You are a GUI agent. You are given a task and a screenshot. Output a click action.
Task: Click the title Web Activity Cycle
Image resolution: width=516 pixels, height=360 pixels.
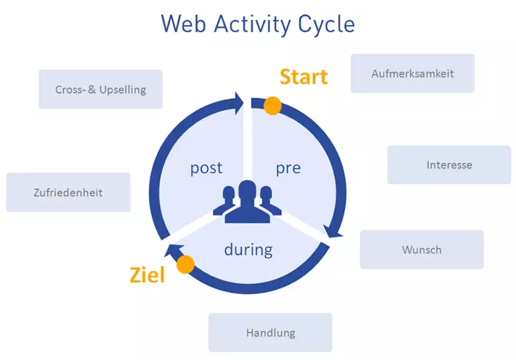coord(257,24)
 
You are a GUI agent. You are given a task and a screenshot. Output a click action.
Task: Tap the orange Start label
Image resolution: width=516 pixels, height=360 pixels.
coord(304,77)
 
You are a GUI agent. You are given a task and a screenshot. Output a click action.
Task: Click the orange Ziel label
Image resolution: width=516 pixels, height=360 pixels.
coord(146,275)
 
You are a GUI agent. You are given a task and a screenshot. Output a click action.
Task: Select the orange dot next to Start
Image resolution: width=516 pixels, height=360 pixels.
coord(272,105)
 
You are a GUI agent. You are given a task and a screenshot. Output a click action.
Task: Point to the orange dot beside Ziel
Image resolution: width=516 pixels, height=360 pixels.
coord(185,264)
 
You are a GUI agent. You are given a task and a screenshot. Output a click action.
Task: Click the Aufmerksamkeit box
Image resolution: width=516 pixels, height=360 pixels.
coord(412,73)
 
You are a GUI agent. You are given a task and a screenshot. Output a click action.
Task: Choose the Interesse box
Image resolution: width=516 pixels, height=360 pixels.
coord(449,165)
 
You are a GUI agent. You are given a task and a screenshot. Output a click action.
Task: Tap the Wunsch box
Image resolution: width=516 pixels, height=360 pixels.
coord(421,250)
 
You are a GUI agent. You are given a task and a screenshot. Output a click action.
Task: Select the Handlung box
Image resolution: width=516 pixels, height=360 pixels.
coord(270,332)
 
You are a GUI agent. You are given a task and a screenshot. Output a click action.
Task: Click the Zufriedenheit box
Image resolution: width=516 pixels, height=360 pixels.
coord(68,192)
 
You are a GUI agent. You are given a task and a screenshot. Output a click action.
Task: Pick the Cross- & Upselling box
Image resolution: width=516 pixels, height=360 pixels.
coord(100,89)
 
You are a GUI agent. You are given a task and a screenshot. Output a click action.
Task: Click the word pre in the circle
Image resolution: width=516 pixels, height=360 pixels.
coord(288,168)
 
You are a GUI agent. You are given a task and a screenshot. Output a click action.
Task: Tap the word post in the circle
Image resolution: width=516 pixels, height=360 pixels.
coord(206,168)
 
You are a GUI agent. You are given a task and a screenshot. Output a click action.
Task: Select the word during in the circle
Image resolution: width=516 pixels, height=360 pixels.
coord(248,250)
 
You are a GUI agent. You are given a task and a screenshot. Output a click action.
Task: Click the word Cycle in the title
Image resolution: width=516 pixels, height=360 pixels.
coord(326,24)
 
